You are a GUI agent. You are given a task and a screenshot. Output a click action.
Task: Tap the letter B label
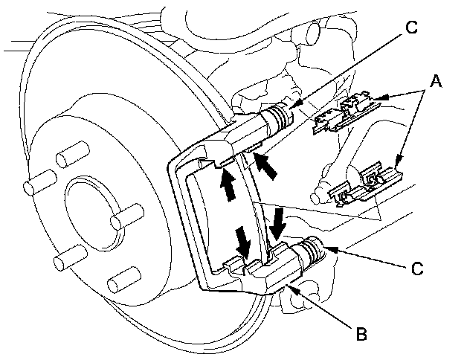pos(362,333)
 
